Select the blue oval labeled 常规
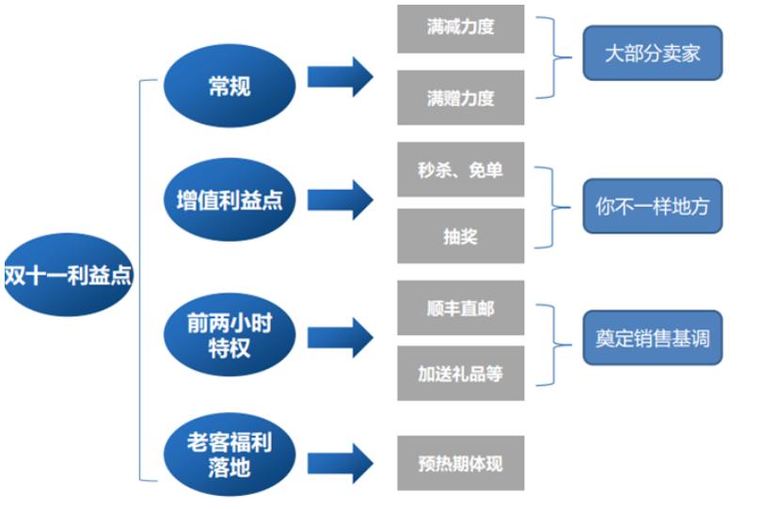230,87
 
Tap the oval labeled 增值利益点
230,200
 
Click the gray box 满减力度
460,28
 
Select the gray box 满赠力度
460,98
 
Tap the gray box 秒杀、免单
460,170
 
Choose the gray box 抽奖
460,236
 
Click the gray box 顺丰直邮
460,308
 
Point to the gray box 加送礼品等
460,374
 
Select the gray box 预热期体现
460,463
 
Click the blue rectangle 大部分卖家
652,54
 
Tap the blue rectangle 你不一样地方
652,207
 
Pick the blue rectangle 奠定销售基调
652,339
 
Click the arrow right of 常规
340,76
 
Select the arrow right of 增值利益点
340,199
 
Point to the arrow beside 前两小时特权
340,337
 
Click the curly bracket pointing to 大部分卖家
555,56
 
